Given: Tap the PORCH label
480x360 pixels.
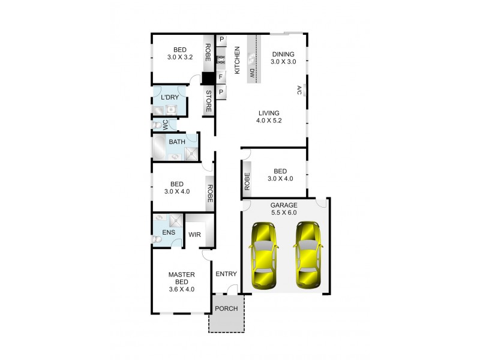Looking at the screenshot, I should pyautogui.click(x=227, y=310).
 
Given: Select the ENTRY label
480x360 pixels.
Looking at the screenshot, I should pyautogui.click(x=226, y=274).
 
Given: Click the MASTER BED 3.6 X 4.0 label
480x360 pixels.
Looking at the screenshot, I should pyautogui.click(x=182, y=281).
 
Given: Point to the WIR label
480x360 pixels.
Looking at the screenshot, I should pyautogui.click(x=194, y=235).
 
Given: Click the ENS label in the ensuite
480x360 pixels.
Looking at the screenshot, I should pyautogui.click(x=161, y=232).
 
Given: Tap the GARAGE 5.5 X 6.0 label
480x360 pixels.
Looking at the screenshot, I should pyautogui.click(x=284, y=208).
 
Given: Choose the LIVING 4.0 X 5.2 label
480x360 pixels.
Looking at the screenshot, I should pyautogui.click(x=269, y=116).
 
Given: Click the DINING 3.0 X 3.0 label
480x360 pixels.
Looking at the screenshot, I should pyautogui.click(x=283, y=58).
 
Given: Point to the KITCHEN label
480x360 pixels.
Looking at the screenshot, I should pyautogui.click(x=237, y=60).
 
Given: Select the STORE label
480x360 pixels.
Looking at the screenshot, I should pyautogui.click(x=209, y=101).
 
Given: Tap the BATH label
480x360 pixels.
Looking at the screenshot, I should pyautogui.click(x=177, y=142).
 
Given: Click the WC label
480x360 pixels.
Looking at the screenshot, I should pyautogui.click(x=166, y=124).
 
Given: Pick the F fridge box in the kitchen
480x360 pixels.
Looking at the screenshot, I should pyautogui.click(x=221, y=77).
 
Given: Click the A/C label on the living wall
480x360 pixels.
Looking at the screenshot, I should pyautogui.click(x=298, y=91).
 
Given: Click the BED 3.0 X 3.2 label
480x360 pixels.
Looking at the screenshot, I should pyautogui.click(x=179, y=54).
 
